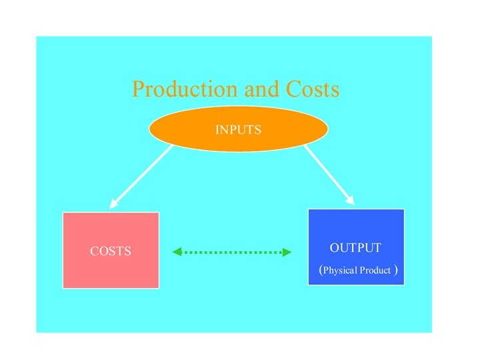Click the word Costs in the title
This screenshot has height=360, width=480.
[313, 89]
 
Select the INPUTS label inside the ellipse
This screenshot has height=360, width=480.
[238, 129]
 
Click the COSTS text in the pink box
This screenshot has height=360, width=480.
[111, 251]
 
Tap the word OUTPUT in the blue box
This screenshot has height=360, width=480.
[355, 248]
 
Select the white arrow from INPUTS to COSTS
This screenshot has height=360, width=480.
[141, 177]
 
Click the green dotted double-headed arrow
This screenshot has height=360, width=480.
[232, 252]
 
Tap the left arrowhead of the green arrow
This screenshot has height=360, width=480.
[177, 252]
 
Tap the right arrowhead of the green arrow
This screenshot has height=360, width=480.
[287, 252]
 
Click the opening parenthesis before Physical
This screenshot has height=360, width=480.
[321, 270]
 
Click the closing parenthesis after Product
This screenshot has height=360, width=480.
[397, 270]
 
